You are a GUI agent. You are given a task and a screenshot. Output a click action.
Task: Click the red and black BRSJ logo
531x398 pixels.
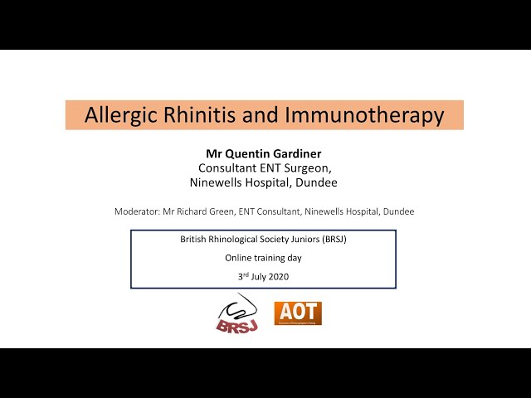(238, 313)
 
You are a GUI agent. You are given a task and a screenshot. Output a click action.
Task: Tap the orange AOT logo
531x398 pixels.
(298, 313)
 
